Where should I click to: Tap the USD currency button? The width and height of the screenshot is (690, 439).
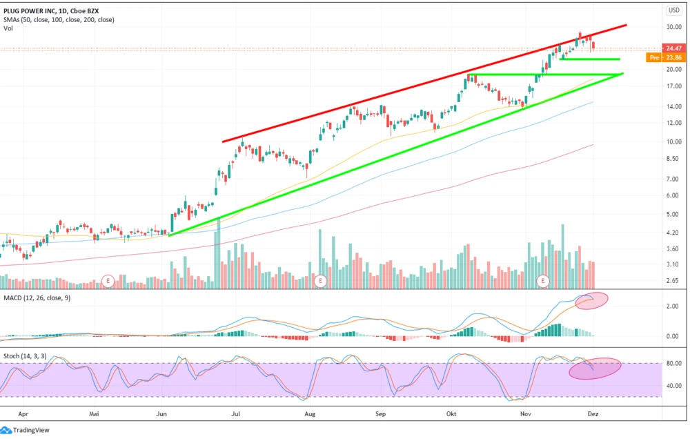coord(674,10)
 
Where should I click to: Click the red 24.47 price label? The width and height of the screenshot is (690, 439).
coord(673,48)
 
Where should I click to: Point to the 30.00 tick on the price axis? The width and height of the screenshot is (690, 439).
coord(673,27)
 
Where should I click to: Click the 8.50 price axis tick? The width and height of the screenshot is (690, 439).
coord(673,159)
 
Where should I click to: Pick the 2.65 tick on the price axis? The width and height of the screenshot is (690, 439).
coord(673,280)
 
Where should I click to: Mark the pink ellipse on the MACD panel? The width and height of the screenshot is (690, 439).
coord(591,301)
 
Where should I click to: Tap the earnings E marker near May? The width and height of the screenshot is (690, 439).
coord(108,280)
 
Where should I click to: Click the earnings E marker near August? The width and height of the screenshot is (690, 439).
coord(320,280)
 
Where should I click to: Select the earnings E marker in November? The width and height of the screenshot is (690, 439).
coord(544,280)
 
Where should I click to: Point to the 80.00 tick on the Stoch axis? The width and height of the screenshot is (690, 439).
coord(673,363)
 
